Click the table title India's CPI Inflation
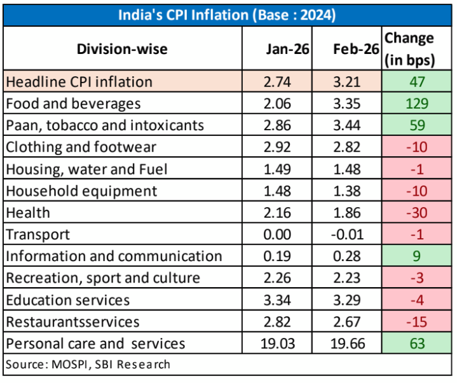(x=227, y=14)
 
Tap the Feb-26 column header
(x=346, y=49)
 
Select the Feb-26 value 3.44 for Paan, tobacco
(x=346, y=125)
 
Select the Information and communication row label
(x=114, y=257)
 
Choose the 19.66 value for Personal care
(x=346, y=344)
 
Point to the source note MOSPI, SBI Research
(x=88, y=365)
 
